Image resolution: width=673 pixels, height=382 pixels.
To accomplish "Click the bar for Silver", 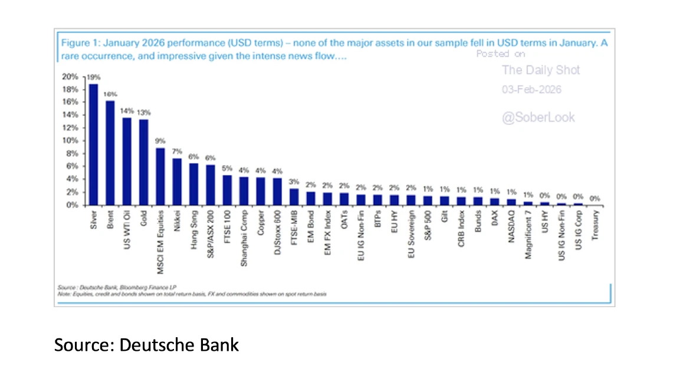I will (93, 144).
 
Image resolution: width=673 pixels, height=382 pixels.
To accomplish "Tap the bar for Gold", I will (143, 162).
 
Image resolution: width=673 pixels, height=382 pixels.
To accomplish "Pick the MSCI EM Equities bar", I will (160, 176).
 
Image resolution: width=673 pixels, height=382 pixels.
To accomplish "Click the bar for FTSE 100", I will (227, 190).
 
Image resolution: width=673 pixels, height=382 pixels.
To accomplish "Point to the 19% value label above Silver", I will (94, 77).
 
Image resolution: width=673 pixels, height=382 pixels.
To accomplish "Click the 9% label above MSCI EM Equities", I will (160, 141).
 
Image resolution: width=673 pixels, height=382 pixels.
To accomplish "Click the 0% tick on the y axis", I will (72, 205).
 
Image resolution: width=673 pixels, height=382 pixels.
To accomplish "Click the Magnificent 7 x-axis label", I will (529, 232).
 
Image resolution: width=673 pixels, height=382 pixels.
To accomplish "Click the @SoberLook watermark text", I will (538, 117).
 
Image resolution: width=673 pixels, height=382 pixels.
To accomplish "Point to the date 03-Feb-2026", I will (531, 90).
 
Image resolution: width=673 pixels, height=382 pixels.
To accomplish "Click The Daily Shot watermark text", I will (541, 70).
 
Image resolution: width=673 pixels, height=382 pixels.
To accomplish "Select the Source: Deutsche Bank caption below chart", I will (146, 344).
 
